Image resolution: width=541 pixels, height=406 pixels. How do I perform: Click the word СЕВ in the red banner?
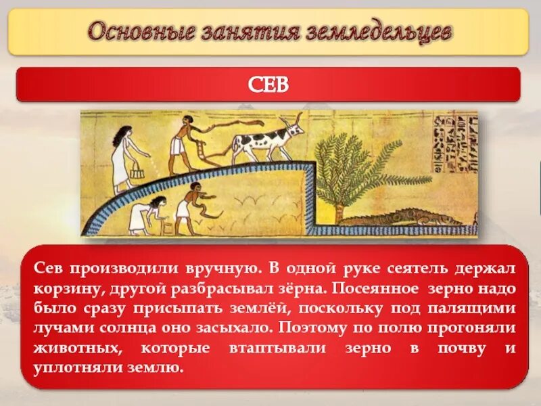(x=269, y=84)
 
